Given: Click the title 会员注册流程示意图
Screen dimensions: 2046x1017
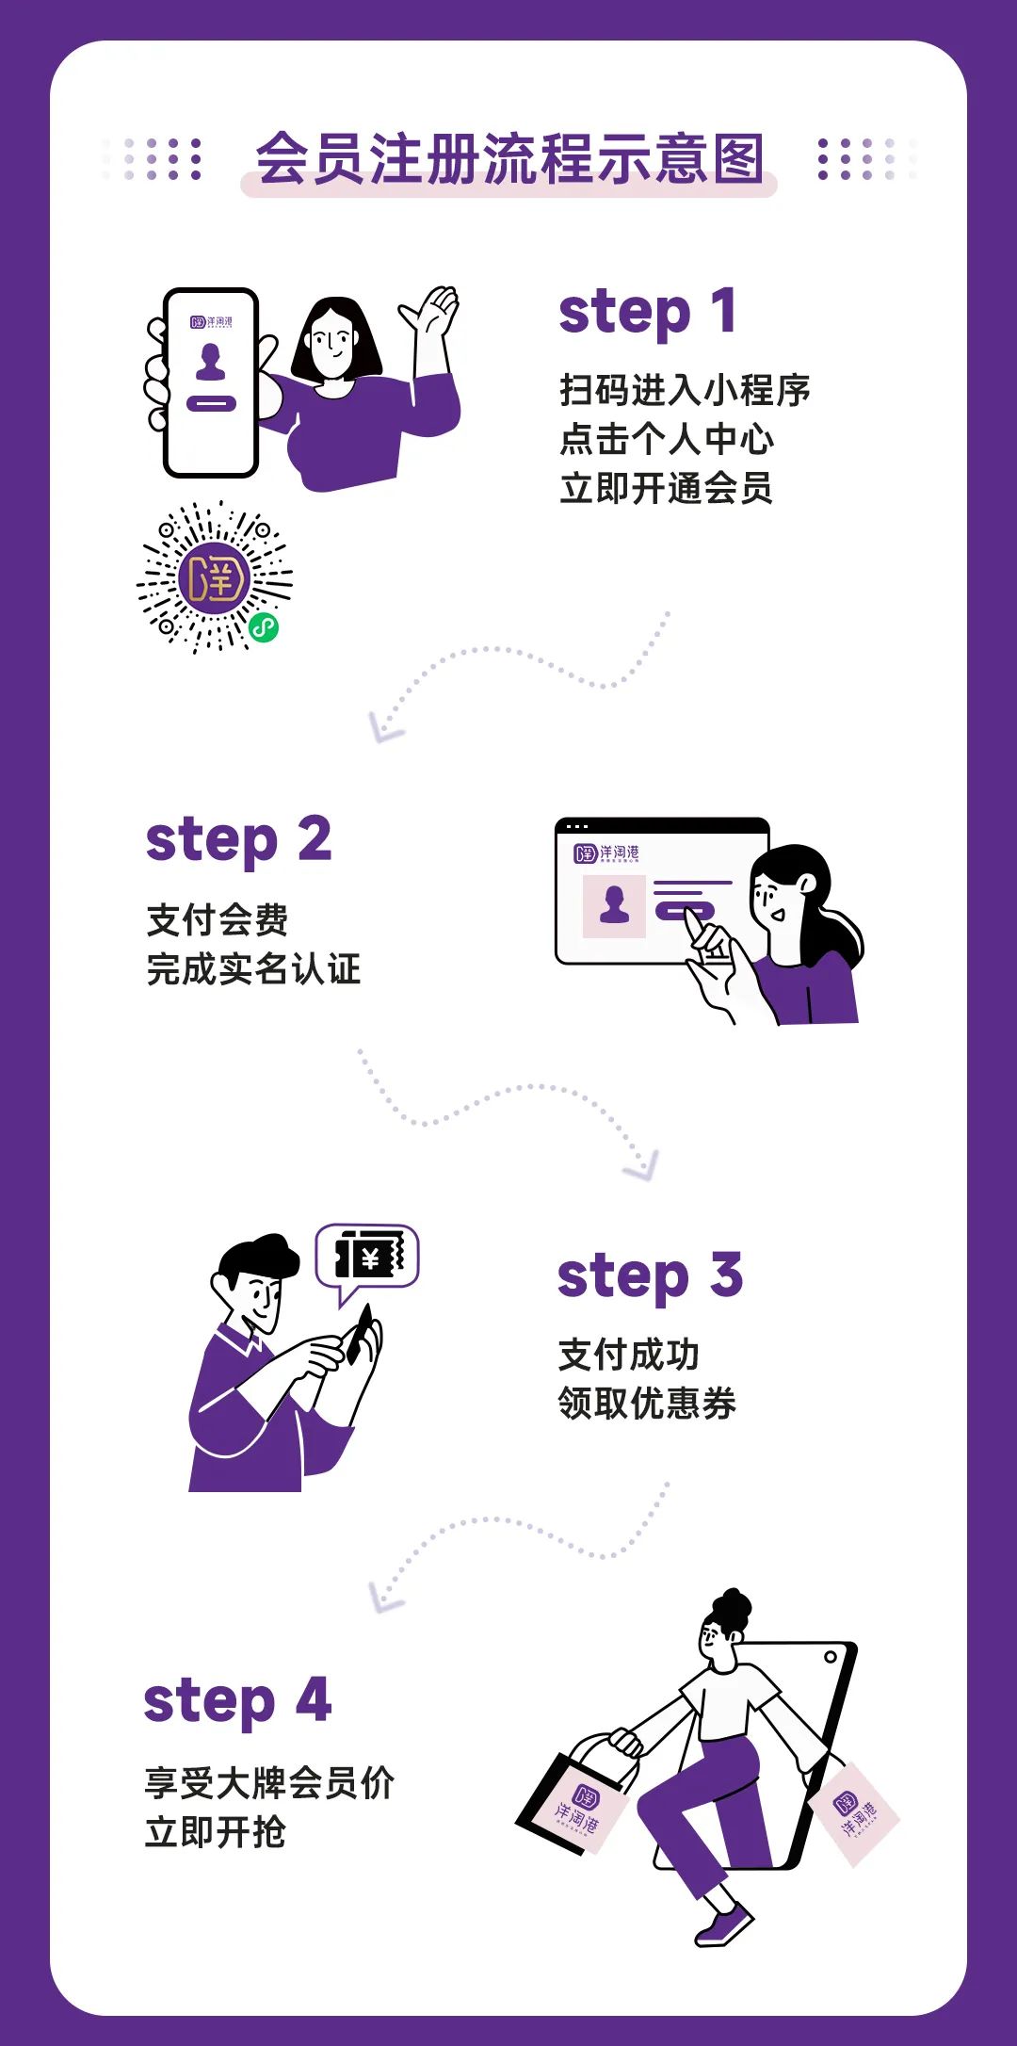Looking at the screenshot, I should point(508,158).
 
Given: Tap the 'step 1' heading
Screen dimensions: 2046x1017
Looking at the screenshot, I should point(647,313).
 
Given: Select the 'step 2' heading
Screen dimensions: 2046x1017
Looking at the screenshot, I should point(238,840).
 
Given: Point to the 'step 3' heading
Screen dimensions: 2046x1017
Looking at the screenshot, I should point(650,1276).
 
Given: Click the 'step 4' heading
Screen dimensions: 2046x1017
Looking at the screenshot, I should point(237,1701).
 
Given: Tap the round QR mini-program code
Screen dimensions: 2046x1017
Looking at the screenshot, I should point(214,577).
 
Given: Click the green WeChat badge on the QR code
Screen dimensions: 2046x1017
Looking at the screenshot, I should point(264,627).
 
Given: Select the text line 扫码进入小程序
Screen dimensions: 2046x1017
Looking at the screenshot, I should point(685,390).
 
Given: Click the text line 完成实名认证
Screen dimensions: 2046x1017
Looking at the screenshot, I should point(253,969).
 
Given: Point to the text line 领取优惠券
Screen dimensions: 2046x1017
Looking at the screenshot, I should point(647,1404).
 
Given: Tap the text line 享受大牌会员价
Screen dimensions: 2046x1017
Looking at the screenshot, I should point(269,1783).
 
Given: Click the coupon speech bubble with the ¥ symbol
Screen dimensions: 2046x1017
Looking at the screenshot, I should point(368,1257).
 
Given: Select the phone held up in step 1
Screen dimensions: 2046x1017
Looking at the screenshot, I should point(211,382).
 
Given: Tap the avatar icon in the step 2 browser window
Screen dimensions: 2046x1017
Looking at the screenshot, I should point(614,905).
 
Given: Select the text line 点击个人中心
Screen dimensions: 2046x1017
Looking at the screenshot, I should point(666,439).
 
